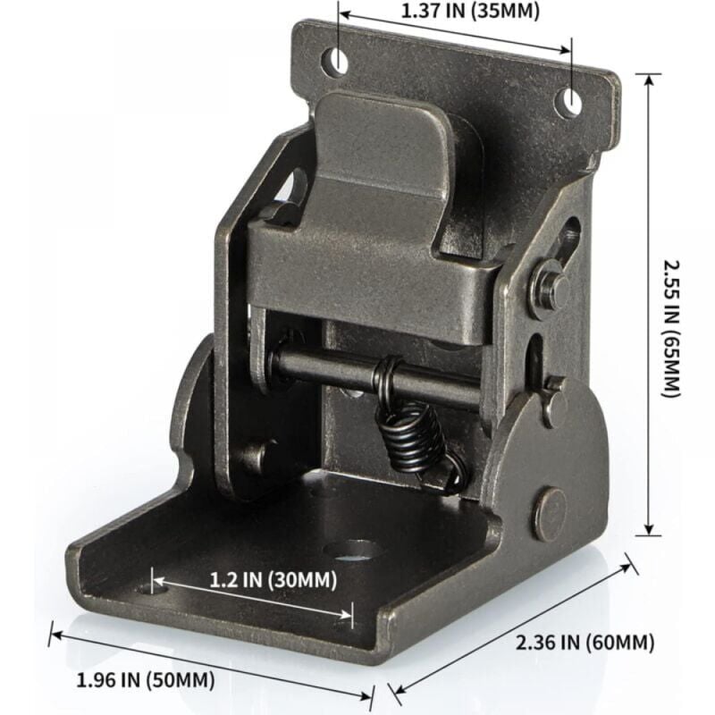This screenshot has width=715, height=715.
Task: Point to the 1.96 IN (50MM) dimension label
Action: [146, 680]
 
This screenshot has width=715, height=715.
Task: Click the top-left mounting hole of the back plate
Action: [338, 61]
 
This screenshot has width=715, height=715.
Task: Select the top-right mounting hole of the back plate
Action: [568, 103]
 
